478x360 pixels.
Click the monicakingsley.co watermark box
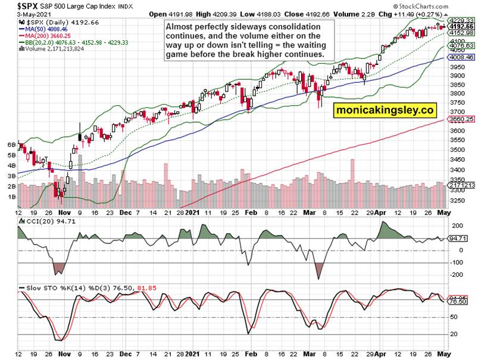point(385,111)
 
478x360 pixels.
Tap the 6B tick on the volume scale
point(10,145)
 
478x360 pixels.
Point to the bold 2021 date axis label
point(193,212)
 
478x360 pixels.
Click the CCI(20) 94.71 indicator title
point(45,222)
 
